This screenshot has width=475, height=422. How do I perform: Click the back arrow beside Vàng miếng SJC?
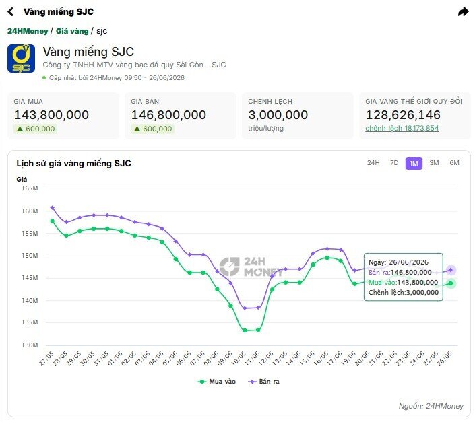point(11,12)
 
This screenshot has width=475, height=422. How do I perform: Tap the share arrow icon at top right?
point(463,12)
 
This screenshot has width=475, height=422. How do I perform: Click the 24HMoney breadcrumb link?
point(28,31)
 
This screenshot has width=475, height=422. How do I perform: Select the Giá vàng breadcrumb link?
point(72,31)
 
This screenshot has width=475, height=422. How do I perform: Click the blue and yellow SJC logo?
point(21,59)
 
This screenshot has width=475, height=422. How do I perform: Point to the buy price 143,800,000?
point(51,115)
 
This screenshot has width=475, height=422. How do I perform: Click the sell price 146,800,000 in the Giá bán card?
point(168,115)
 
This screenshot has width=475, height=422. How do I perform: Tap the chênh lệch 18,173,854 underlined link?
point(402,129)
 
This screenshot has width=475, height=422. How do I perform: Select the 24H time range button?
point(373,163)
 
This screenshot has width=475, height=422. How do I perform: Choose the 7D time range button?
point(394,163)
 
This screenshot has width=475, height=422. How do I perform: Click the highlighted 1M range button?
point(414,164)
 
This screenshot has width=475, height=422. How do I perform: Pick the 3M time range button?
point(434,163)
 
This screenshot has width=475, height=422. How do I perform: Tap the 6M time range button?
point(454,163)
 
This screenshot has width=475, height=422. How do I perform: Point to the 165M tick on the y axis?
point(30,188)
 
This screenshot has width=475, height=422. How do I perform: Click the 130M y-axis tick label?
point(30,345)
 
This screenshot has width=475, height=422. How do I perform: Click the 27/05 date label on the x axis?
point(46,359)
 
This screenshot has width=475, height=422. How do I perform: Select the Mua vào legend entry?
point(216,382)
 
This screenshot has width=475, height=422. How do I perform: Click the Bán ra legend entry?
point(263,382)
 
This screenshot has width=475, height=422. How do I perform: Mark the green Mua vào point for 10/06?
point(245,330)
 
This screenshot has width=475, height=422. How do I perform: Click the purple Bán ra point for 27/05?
point(53,208)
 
